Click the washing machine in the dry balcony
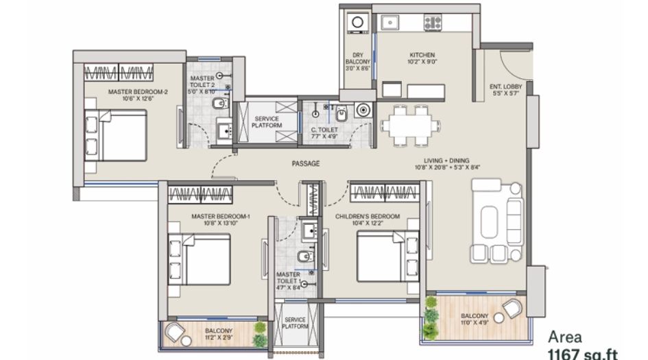point(357,23)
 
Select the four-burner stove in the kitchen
point(432,23)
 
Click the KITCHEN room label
point(422,55)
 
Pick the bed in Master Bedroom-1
point(200,259)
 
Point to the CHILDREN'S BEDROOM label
point(367,217)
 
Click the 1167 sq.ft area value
point(581,353)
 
